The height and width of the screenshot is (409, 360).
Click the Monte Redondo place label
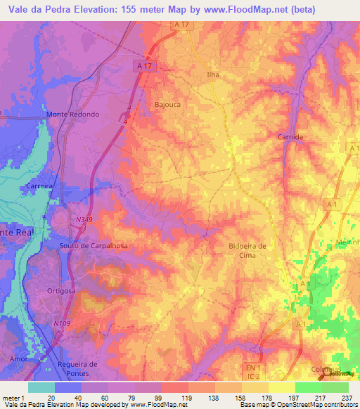(72, 115)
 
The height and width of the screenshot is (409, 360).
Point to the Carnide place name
(290, 137)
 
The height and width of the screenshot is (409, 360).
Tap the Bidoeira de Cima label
(247, 250)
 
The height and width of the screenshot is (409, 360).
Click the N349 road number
(82, 221)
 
